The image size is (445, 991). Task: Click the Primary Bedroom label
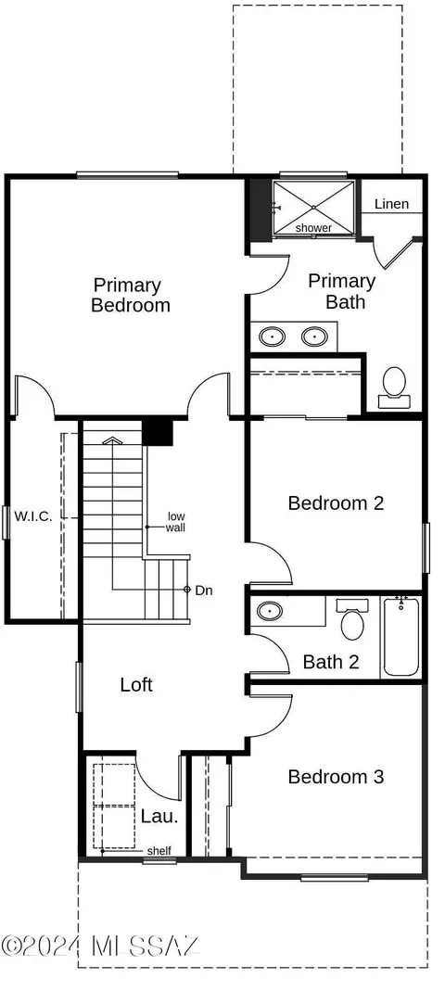131,295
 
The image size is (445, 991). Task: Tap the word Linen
391,204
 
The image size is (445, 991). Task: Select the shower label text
313,227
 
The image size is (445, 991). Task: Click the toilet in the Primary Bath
394,387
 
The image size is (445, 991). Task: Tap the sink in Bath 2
271,611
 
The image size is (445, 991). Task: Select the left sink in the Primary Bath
273,337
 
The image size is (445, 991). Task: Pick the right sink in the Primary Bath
313,337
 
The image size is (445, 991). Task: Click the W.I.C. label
32,515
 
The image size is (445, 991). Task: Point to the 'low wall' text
176,522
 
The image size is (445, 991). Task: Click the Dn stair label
204,591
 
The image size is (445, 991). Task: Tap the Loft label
136,684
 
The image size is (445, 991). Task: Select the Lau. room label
159,816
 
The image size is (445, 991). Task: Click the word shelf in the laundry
159,851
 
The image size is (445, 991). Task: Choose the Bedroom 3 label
336,777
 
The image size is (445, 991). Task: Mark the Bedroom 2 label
336,503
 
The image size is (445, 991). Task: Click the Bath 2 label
331,662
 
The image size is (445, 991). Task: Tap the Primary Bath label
342,291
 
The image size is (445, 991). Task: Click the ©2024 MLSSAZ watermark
101,946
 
